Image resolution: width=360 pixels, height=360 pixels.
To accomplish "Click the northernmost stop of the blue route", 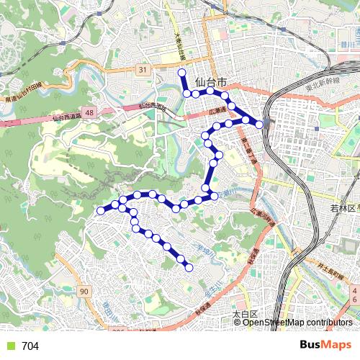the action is point(182,73).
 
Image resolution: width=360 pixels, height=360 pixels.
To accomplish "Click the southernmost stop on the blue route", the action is point(190,268).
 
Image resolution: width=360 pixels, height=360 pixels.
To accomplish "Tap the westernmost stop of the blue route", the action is point(101,211).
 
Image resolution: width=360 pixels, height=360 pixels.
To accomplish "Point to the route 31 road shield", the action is point(143,70).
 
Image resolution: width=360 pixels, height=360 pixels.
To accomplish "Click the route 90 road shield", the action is point(84,292).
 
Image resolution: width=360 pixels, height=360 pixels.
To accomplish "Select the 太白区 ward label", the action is point(245,315).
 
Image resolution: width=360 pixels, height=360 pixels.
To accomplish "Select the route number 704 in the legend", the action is point(30,346).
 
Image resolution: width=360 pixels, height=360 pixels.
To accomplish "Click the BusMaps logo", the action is point(322,346).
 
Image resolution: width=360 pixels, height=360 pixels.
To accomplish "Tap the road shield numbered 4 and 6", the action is point(354,294).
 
